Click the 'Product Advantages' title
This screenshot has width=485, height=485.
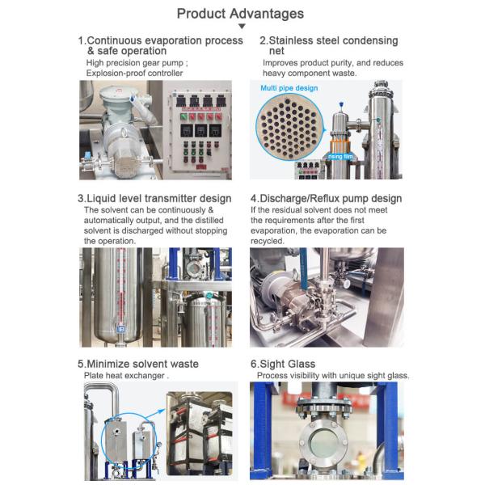click(241, 14)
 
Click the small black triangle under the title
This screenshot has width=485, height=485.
click(242, 27)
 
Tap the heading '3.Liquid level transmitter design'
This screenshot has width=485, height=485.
click(154, 198)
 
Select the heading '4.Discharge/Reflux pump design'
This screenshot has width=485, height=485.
click(326, 198)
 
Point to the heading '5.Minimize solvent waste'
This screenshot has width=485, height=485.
click(138, 364)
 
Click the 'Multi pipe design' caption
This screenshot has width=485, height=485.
click(289, 88)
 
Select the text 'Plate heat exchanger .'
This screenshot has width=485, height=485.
click(125, 376)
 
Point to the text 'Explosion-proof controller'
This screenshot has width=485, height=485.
click(134, 74)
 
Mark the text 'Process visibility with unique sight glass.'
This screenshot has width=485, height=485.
click(333, 376)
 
